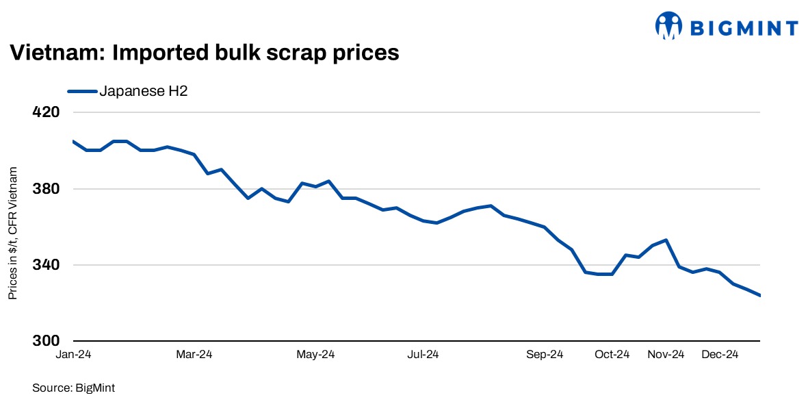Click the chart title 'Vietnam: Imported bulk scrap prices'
pyautogui.click(x=203, y=53)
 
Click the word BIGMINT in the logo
pyautogui.click(x=743, y=28)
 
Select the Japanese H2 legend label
pyautogui.click(x=144, y=90)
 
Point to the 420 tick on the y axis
pyautogui.click(x=47, y=112)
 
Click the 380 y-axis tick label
pyautogui.click(x=47, y=189)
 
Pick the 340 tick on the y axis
pyautogui.click(x=47, y=265)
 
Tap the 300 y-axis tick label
pyautogui.click(x=47, y=341)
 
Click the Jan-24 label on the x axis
pyautogui.click(x=73, y=355)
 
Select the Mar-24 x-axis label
pyautogui.click(x=195, y=355)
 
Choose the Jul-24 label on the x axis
pyautogui.click(x=423, y=355)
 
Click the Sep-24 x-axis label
pyautogui.click(x=545, y=355)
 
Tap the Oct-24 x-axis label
pyautogui.click(x=612, y=355)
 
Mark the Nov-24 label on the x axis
pyautogui.click(x=666, y=355)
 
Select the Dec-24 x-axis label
pyautogui.click(x=720, y=355)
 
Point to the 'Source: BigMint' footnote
pyautogui.click(x=73, y=388)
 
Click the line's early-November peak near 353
pyautogui.click(x=666, y=240)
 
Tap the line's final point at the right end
pyautogui.click(x=759, y=296)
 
